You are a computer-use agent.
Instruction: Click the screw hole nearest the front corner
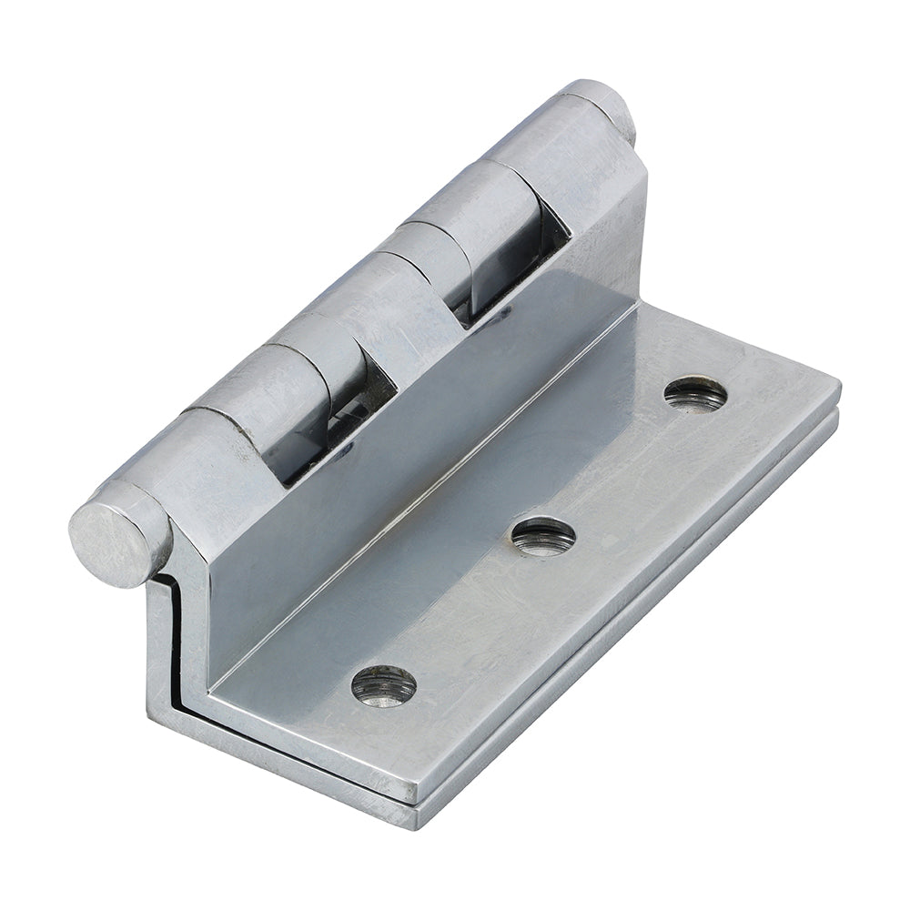pyautogui.click(x=383, y=684)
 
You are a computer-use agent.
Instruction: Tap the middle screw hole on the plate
pyautogui.click(x=542, y=536)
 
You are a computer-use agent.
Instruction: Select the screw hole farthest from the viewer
pyautogui.click(x=695, y=393)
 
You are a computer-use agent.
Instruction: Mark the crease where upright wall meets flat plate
pyautogui.click(x=437, y=510)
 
